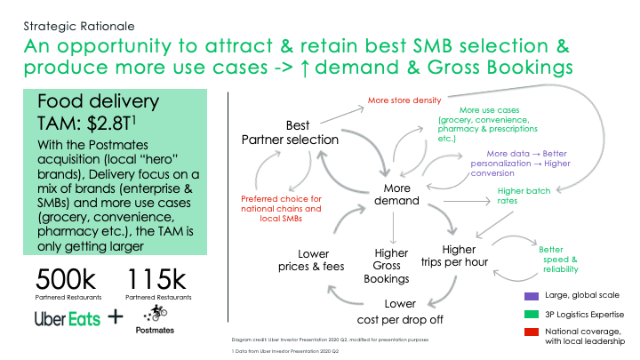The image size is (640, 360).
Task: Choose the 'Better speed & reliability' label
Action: (557, 260)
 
